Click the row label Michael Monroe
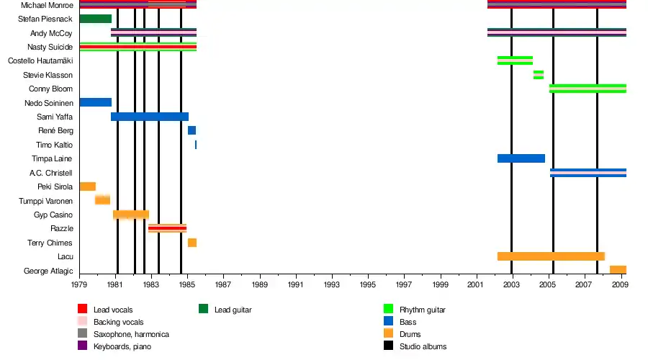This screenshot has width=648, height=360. tap(48, 5)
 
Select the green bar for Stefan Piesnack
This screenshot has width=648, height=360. tap(95, 19)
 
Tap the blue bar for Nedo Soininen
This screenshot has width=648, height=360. tap(95, 102)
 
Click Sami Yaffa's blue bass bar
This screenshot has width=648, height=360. tap(150, 117)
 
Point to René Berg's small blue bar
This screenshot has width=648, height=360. tap(192, 130)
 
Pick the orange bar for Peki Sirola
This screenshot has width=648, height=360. tap(87, 186)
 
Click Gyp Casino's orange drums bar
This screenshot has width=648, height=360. tap(130, 215)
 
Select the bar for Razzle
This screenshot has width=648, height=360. tap(167, 228)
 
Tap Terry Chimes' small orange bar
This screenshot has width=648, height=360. tap(192, 243)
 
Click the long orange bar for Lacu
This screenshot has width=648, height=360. tap(551, 256)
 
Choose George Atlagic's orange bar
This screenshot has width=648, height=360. tap(618, 270)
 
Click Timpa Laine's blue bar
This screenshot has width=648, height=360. tap(521, 158)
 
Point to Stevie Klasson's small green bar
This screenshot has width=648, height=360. tap(539, 75)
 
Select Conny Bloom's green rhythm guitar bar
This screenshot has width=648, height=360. tap(588, 89)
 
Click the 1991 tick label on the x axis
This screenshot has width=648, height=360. tap(296, 284)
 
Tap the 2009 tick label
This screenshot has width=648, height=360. tap(620, 284)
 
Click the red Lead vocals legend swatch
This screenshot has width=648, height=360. tap(82, 310)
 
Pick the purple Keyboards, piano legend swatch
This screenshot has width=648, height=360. tap(82, 346)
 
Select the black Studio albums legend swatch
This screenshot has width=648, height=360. tap(388, 346)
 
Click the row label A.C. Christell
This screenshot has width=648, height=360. tap(51, 173)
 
